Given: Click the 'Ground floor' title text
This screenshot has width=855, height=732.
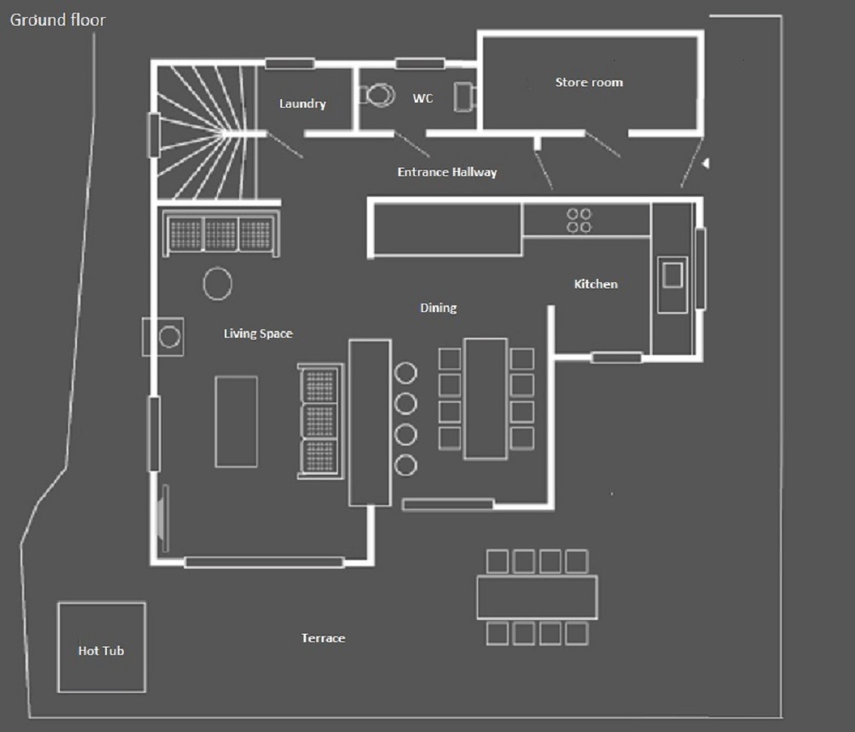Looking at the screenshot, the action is coord(58,21).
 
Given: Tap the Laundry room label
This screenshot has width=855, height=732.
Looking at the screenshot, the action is coord(303,103).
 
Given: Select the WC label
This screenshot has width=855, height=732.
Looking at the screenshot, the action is coord(422,98).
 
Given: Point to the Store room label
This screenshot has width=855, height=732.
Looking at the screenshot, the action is coord(589,82).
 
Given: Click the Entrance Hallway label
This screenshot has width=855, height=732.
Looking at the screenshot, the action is coord(447,173).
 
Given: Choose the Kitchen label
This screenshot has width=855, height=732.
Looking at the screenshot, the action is coord(596,284).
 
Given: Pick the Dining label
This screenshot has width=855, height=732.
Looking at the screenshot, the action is coord(439,308).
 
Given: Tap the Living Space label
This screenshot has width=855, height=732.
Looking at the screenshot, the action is coord(258,334).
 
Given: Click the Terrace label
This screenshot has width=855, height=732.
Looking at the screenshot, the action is coord(323,638).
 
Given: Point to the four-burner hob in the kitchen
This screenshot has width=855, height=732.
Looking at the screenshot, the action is coord(579,221).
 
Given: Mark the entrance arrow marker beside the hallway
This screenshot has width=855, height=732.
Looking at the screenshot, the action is coord(705,163).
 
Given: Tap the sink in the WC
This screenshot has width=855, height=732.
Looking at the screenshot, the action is coord(464,97).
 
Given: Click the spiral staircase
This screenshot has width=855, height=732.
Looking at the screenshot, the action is coord(207,133).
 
